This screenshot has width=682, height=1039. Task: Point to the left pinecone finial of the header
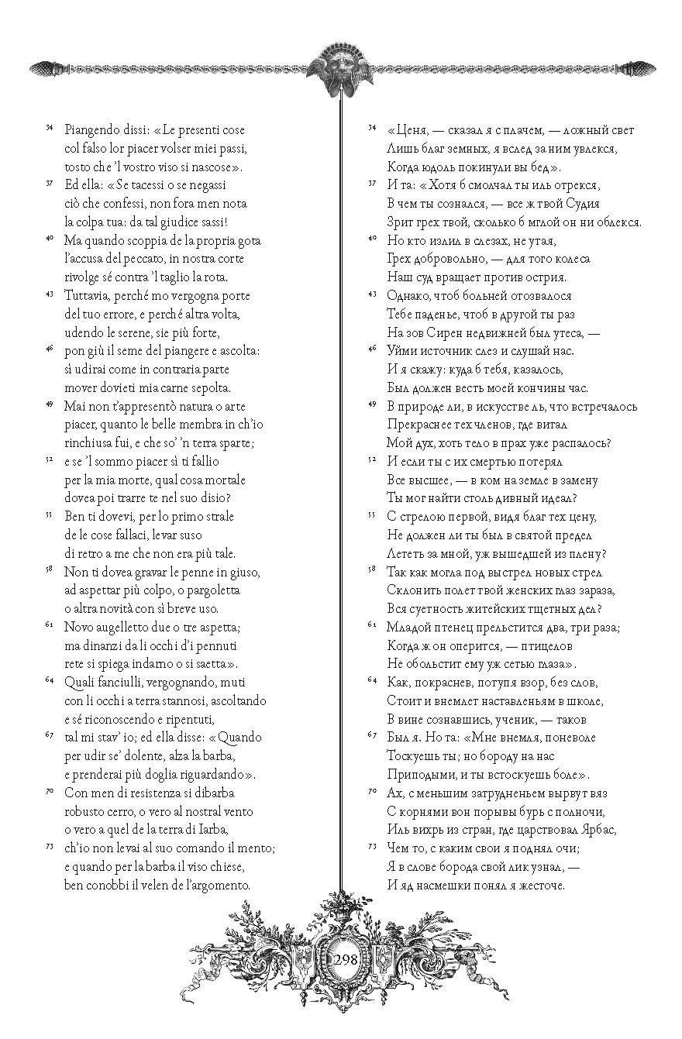click(x=42, y=69)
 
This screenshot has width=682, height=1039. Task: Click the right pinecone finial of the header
click(x=640, y=69)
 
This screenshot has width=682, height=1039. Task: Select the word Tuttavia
click(x=88, y=296)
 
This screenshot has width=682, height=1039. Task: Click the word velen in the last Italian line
click(x=159, y=885)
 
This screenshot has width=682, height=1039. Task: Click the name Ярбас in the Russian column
click(x=595, y=830)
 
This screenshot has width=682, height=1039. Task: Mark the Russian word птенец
click(x=458, y=627)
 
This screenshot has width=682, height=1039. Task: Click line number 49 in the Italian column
click(x=50, y=404)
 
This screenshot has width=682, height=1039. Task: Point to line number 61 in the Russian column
click(x=371, y=625)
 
